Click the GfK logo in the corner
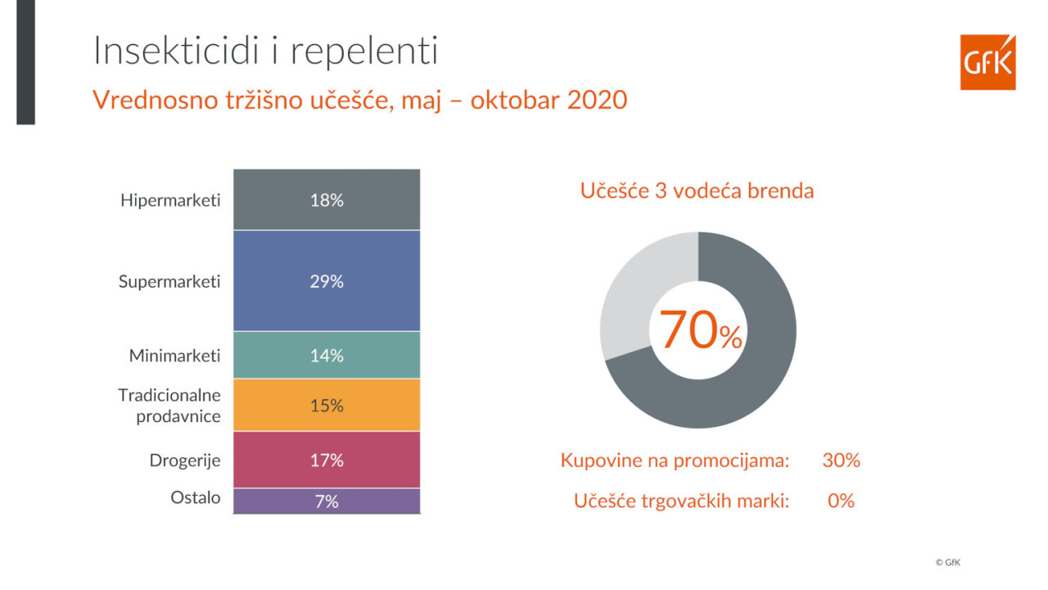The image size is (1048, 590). click(987, 62)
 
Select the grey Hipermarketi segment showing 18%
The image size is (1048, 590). click(326, 200)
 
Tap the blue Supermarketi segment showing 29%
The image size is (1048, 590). click(326, 281)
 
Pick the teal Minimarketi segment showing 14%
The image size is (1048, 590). click(326, 356)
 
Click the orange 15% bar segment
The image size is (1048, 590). click(326, 406)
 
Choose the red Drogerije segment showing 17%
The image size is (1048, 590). click(326, 461)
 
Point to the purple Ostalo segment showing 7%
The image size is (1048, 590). click(326, 501)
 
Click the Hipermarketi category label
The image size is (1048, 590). click(170, 200)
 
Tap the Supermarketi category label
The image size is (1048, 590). click(169, 281)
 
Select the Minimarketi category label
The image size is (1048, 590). click(174, 356)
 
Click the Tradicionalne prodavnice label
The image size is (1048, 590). click(169, 406)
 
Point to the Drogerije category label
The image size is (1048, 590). click(185, 461)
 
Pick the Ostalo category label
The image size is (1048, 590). click(195, 497)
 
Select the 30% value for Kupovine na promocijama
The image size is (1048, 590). click(841, 461)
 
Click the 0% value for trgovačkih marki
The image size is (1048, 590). click(841, 501)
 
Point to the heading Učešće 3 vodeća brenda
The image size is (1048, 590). click(697, 191)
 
